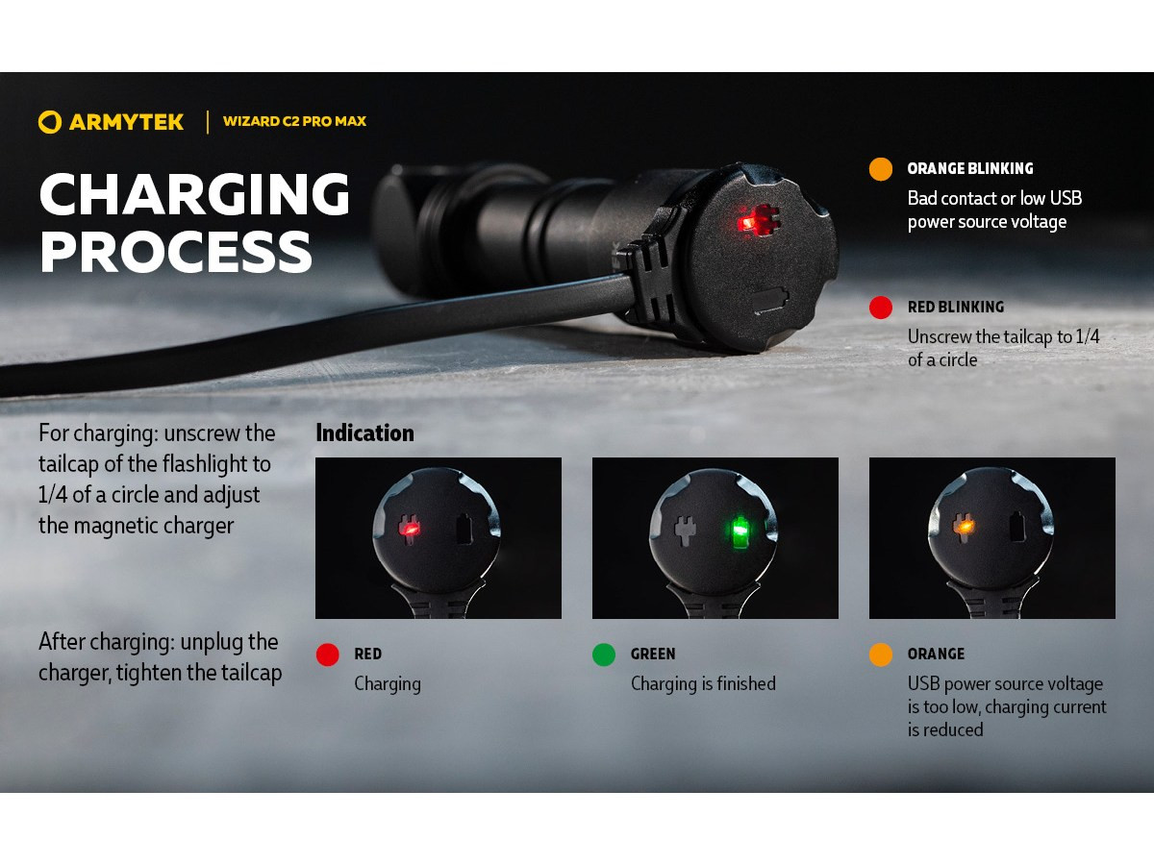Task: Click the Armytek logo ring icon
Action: click(x=50, y=122)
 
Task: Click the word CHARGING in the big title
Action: click(x=194, y=194)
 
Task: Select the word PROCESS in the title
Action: click(x=176, y=253)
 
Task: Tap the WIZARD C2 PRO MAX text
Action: click(x=294, y=122)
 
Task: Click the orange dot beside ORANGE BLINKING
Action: click(x=881, y=169)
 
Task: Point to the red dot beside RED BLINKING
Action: click(x=881, y=308)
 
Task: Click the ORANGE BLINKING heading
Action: click(x=970, y=169)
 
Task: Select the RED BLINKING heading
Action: click(x=956, y=308)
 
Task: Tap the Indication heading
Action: click(x=364, y=433)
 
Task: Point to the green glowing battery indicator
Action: click(x=740, y=531)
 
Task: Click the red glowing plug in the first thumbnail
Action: click(x=409, y=529)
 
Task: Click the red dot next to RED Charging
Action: click(x=328, y=655)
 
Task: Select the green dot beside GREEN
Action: click(x=604, y=655)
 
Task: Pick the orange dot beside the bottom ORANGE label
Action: click(x=881, y=655)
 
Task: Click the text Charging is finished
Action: click(x=703, y=684)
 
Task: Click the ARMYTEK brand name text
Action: click(x=126, y=122)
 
